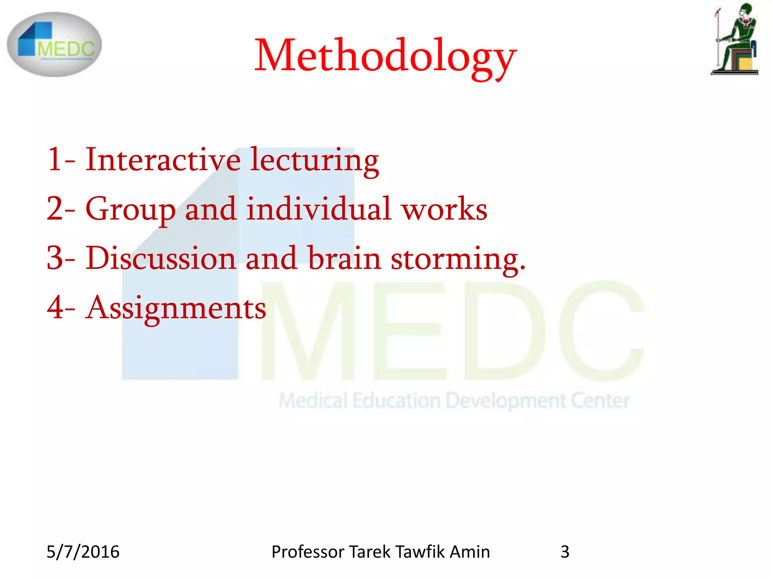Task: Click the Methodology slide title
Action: pos(385,56)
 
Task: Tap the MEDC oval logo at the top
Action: pos(54,44)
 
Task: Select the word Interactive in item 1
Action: pos(163,160)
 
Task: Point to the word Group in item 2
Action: pos(130,210)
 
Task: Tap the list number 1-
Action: pos(61,160)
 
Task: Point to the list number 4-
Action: pos(61,308)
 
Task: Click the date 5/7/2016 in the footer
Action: pos(83,552)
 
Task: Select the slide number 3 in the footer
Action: pos(565,552)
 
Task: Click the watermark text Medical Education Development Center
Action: pos(454,400)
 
